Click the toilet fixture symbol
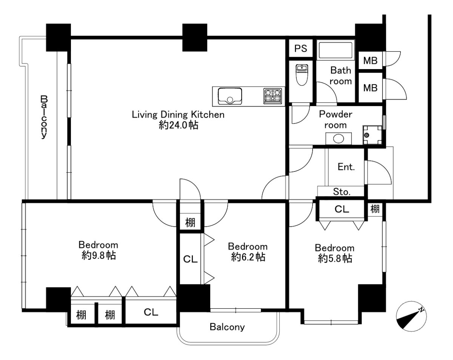[x=302, y=75]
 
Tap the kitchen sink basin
[x=230, y=96]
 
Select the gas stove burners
[x=273, y=96]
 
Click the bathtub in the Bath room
[x=336, y=50]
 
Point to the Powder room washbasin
[x=339, y=139]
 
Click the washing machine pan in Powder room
[x=372, y=135]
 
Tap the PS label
[x=300, y=49]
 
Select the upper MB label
[x=370, y=61]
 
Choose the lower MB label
[x=370, y=88]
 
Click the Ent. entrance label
[x=346, y=167]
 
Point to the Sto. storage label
[x=342, y=192]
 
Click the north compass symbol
[x=411, y=317]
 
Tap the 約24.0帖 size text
[x=178, y=125]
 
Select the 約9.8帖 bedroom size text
[x=99, y=255]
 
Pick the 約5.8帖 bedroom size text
[x=335, y=258]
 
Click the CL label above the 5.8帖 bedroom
[x=342, y=209]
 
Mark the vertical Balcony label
[x=44, y=117]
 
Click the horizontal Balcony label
[x=227, y=327]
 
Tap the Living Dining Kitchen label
[x=178, y=114]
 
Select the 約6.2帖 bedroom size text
[x=248, y=257]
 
